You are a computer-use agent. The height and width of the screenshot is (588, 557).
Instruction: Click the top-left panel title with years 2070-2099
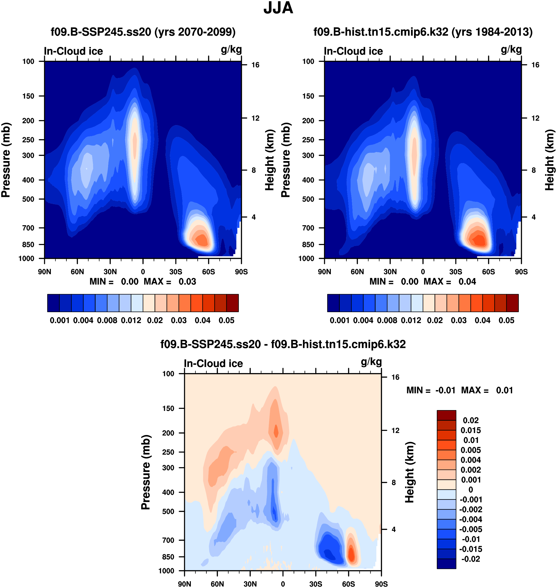tap(143, 32)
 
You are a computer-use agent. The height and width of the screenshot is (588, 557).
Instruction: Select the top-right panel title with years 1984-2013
tap(423, 32)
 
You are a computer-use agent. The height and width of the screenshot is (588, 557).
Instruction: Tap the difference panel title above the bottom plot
tap(283, 344)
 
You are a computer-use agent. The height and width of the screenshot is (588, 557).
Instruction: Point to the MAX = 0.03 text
tap(170, 282)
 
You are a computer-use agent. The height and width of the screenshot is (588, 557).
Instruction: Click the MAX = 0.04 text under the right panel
tap(450, 282)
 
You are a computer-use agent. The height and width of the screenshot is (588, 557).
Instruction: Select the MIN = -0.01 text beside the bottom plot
tap(431, 390)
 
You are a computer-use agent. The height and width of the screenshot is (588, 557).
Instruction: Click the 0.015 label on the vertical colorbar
tap(471, 430)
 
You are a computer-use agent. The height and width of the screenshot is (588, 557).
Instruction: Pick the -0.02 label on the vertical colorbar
tap(471, 559)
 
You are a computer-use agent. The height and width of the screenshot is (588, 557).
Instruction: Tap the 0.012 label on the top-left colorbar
tap(131, 321)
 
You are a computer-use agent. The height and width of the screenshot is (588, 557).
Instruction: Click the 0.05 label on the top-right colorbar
tap(506, 321)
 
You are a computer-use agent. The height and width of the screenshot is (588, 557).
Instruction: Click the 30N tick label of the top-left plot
tap(110, 272)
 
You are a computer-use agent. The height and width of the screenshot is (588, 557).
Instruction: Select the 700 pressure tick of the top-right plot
tap(308, 228)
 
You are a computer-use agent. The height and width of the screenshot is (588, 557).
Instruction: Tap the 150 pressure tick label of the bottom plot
tap(168, 408)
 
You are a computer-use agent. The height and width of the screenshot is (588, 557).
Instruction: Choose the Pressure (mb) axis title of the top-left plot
tap(6, 160)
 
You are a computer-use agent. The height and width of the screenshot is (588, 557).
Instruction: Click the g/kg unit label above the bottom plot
tap(371, 362)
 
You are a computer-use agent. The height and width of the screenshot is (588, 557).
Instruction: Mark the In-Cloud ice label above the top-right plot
tap(353, 51)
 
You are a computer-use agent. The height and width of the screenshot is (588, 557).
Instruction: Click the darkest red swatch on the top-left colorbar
tap(233, 303)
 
